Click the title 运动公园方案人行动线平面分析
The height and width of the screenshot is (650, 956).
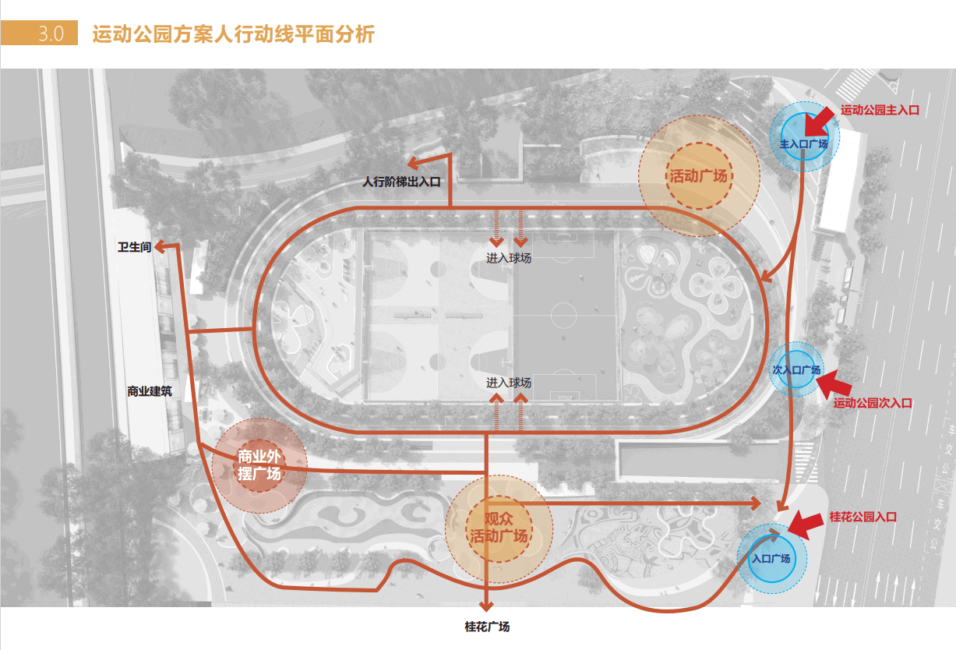(x=233, y=35)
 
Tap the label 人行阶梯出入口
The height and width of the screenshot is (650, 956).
(x=401, y=182)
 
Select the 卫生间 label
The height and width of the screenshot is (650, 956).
(x=134, y=247)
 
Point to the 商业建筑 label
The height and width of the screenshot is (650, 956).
(x=149, y=390)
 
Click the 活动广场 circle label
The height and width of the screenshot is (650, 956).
(x=698, y=175)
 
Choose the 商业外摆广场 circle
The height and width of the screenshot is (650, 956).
(x=259, y=465)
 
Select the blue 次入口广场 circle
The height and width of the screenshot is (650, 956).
(x=796, y=369)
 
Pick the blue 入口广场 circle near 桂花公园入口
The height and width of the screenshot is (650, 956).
(x=771, y=558)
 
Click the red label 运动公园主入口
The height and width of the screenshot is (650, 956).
(x=880, y=111)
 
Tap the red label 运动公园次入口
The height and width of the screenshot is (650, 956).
(x=872, y=403)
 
